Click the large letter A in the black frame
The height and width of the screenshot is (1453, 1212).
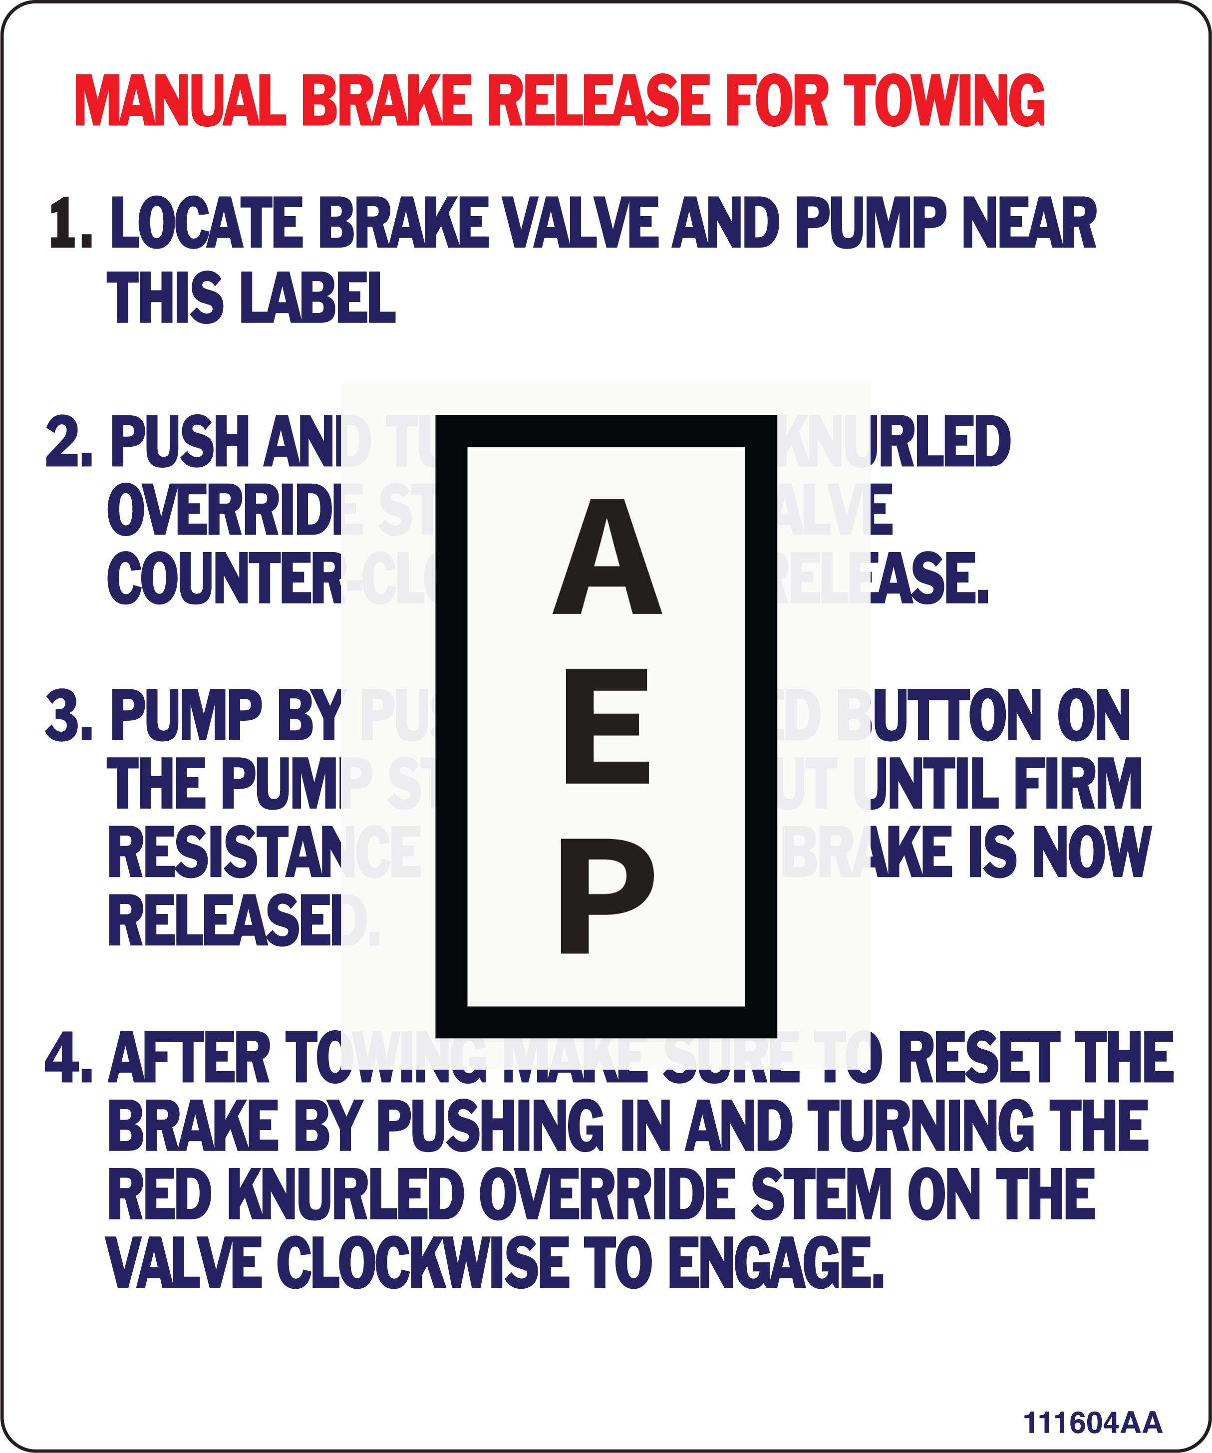[606, 558]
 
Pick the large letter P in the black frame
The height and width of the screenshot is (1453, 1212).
[606, 895]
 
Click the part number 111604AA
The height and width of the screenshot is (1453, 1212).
[1092, 1423]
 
